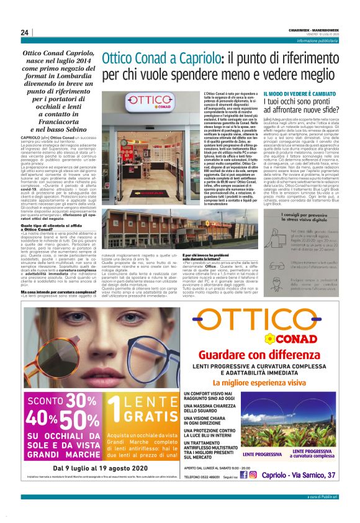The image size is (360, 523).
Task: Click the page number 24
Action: pyautogui.click(x=24, y=32)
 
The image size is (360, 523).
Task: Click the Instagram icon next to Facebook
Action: pyautogui.click(x=252, y=475)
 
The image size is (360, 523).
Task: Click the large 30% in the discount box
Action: pyautogui.click(x=78, y=383)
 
